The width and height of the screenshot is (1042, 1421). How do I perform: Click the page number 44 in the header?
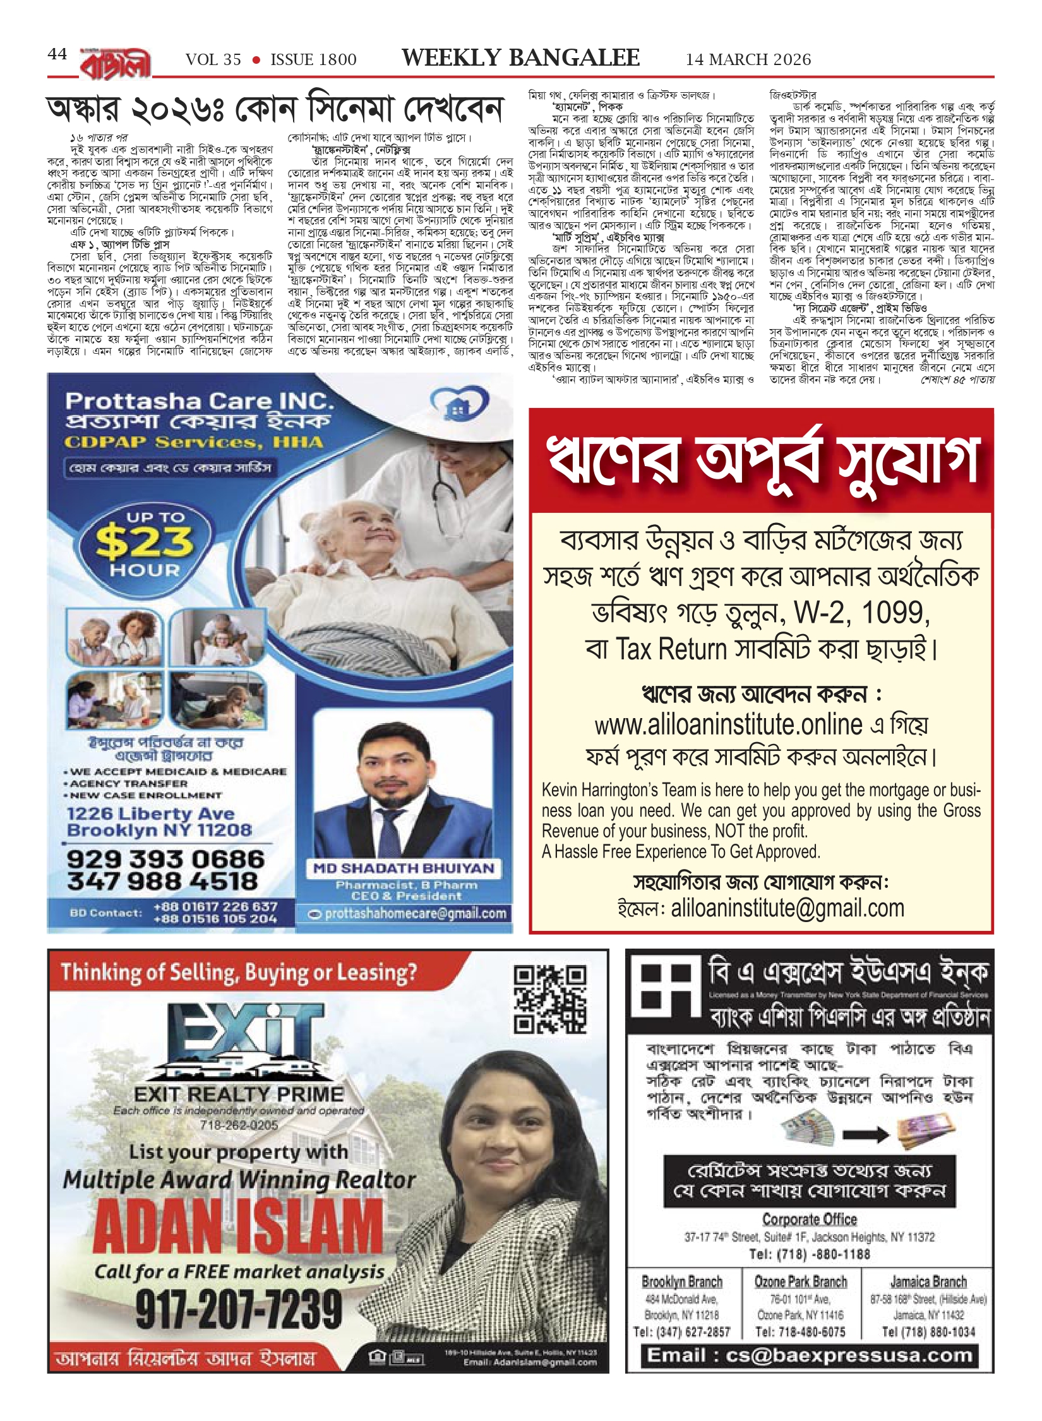pos(57,54)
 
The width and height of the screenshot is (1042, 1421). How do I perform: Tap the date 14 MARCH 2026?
pos(748,59)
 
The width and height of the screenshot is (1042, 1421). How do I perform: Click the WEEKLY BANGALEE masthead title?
pos(520,58)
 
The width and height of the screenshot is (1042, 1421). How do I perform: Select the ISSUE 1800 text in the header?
pos(313,60)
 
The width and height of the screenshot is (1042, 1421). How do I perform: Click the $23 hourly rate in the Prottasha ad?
pos(145,542)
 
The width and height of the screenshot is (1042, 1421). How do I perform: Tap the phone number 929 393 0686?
pos(165,859)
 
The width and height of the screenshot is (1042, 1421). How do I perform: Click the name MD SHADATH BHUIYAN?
pos(404,868)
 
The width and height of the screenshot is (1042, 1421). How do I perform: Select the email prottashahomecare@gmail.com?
pos(416,913)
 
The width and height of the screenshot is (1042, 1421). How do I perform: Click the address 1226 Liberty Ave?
pos(150,813)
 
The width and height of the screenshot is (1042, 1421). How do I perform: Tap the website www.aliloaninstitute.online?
pos(728,724)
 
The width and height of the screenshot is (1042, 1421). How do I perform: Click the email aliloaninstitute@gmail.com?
pos(787,908)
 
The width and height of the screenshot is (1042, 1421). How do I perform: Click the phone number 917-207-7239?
pos(238,1308)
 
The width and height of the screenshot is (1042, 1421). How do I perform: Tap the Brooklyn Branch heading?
pos(681,1281)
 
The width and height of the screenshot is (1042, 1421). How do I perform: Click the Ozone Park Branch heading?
pos(800,1281)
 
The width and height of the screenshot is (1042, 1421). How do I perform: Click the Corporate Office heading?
pos(809,1219)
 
